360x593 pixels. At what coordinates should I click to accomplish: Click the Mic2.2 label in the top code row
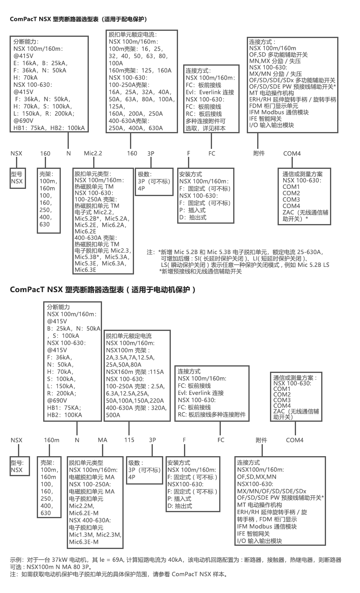tap(93, 153)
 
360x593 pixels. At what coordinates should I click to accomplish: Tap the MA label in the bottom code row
tap(102, 440)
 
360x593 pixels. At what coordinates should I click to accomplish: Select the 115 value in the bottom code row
tap(129, 440)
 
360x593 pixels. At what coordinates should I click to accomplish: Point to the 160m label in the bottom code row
tap(52, 440)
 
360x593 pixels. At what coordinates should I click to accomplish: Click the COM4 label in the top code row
tap(292, 154)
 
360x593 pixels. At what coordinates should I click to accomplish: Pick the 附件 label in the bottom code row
tap(261, 440)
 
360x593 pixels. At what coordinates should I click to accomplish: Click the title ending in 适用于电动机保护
tap(103, 290)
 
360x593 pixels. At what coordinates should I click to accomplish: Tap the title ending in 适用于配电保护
tap(78, 19)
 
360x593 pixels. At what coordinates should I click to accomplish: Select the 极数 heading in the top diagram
tap(145, 174)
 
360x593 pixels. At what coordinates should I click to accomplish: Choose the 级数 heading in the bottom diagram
tap(136, 463)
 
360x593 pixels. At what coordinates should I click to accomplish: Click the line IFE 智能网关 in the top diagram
tap(265, 118)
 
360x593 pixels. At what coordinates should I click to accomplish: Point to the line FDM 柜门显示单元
tap(274, 106)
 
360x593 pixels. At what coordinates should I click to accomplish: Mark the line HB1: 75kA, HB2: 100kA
tap(49, 128)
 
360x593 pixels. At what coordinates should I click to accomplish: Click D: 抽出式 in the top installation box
tap(193, 217)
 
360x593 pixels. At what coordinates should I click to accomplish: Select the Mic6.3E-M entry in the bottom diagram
tap(84, 542)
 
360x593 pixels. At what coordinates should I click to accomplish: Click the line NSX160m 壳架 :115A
tap(135, 372)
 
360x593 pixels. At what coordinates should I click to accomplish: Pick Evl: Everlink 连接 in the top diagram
tap(210, 92)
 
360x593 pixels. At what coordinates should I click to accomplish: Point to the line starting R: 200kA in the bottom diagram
tap(62, 393)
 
